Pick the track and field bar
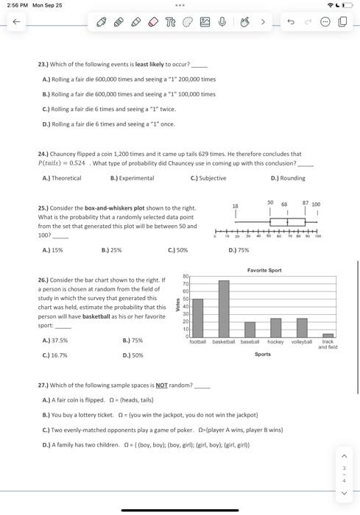328,335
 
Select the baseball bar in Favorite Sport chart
250,329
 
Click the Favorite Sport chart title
264,271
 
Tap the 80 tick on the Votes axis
186,277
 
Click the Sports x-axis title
263,355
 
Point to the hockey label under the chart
275,342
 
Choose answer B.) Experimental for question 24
132,178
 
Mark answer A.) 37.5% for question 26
55,341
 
